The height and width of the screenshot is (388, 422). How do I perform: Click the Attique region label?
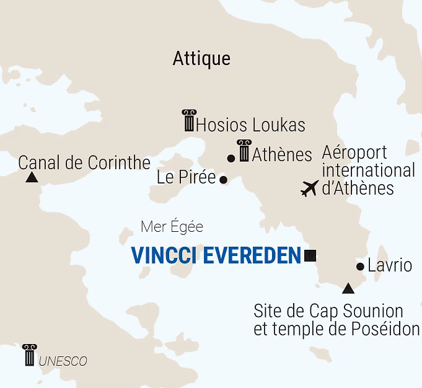point(201,59)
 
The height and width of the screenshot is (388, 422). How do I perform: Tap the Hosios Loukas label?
point(250,125)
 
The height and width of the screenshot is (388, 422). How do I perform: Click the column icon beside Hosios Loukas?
point(188,120)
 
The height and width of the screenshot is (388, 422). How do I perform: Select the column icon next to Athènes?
point(244,151)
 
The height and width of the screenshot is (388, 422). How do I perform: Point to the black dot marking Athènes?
point(231,159)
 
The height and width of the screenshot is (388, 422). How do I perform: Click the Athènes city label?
point(282,154)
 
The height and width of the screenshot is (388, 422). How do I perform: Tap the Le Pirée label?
point(186,178)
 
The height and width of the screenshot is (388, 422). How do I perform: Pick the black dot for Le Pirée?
point(224,180)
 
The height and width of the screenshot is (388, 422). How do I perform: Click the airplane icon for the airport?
point(309,188)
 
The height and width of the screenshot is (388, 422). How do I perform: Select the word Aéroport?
point(354,152)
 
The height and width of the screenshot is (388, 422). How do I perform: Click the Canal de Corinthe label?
point(84,163)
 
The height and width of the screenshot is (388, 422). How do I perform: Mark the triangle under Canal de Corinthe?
point(31,178)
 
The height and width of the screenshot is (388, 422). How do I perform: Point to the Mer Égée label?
point(172,227)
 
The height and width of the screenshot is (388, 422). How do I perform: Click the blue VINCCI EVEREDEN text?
point(215,255)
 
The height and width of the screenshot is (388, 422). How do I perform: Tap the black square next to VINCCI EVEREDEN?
point(310,255)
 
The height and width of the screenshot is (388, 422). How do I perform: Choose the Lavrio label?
point(390,266)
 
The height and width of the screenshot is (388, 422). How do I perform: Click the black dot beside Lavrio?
point(360,267)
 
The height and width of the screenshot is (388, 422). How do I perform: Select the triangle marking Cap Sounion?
point(348,288)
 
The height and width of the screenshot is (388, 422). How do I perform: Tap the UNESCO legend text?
point(63,361)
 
